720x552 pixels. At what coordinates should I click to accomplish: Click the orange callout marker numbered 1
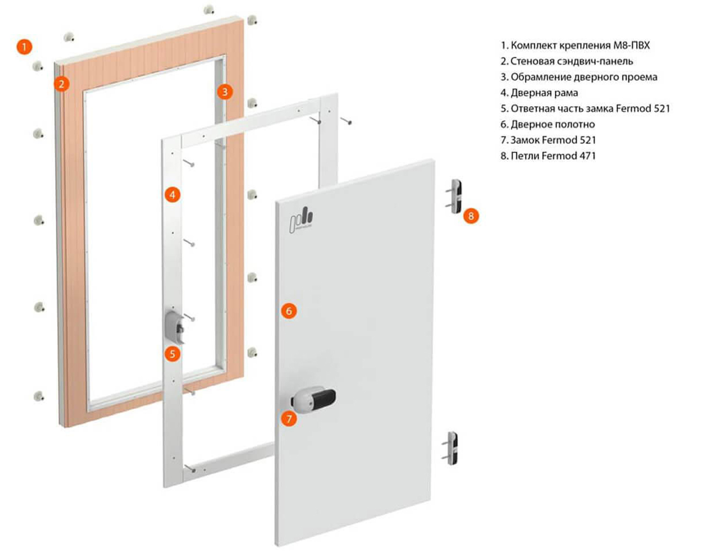click(24, 47)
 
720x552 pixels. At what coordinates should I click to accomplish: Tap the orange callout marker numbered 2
click(62, 84)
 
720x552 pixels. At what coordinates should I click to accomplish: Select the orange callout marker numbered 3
click(225, 92)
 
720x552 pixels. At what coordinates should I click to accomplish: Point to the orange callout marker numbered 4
click(172, 195)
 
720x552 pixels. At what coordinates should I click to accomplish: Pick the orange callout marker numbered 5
click(172, 355)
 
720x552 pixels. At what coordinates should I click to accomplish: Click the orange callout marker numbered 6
click(289, 311)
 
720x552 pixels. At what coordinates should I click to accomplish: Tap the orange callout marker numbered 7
click(289, 419)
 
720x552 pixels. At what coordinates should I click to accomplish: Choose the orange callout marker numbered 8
click(471, 216)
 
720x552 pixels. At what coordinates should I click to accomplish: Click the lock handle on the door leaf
click(313, 399)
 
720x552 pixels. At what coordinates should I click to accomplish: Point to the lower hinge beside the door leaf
click(451, 448)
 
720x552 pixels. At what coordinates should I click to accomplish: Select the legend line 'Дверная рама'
click(539, 93)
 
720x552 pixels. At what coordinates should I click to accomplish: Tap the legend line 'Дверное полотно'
click(548, 125)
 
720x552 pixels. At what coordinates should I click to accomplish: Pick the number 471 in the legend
click(587, 156)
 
